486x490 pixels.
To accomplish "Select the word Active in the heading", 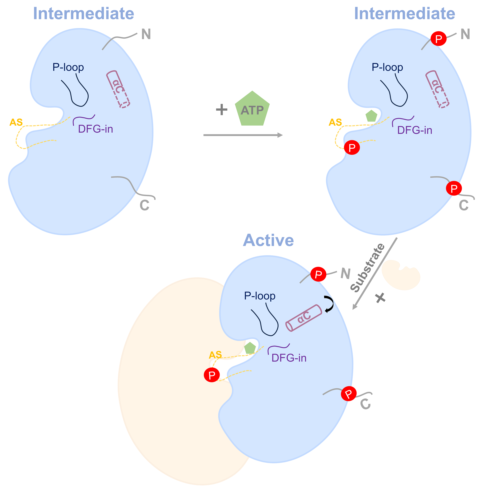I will coord(268,240).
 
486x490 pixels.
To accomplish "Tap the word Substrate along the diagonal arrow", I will coord(368,268).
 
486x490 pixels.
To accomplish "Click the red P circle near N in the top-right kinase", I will coord(438,39).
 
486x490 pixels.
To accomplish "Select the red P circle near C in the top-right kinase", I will coord(454,188).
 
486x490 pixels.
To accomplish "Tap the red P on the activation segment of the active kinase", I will coord(212,375).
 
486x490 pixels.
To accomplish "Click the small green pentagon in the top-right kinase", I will coord(371,116).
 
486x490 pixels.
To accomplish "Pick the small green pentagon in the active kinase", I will coord(250,348).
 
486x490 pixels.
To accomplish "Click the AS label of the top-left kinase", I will coord(16,122).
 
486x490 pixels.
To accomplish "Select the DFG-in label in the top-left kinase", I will coord(95,129).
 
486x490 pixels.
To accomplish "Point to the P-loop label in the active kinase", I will coord(259,296).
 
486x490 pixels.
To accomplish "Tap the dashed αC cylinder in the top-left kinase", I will coord(118,89).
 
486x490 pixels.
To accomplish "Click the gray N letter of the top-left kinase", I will coord(146,34).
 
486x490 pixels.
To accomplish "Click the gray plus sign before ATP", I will coord(222,110).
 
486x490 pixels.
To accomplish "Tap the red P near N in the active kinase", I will coord(318,274).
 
